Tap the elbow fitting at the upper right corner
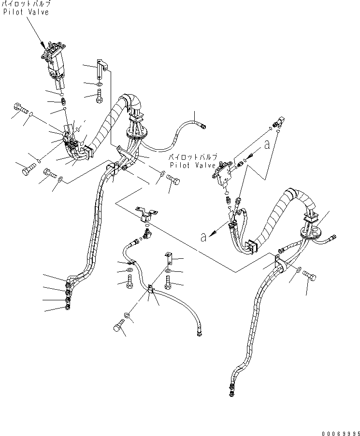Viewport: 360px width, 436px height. (279, 124)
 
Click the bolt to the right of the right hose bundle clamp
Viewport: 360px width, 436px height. (309, 276)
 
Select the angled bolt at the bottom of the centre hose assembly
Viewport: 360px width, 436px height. (118, 328)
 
